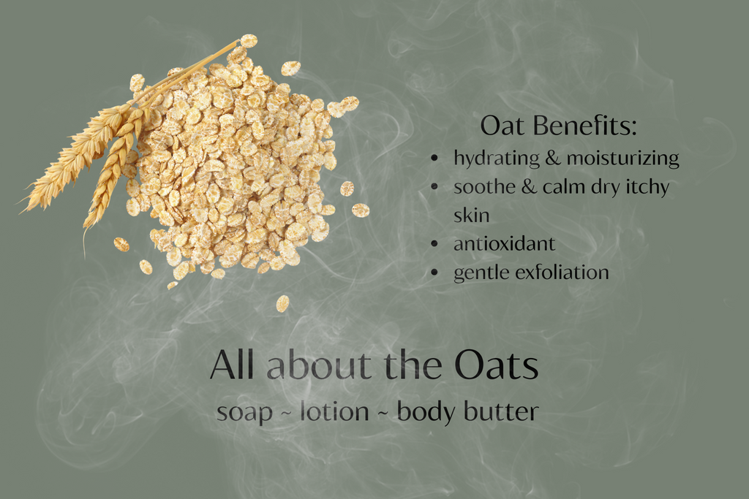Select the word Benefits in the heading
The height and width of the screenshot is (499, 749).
(x=585, y=126)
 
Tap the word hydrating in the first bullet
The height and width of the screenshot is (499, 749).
(x=497, y=158)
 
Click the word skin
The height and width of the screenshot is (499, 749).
(x=472, y=215)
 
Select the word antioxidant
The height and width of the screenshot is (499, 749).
(x=505, y=244)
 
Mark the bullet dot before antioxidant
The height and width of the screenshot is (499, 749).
(x=434, y=244)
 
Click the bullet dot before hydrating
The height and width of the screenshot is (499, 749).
(x=434, y=158)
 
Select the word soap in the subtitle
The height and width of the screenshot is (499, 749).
(x=244, y=413)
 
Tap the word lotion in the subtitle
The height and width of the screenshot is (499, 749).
(x=334, y=411)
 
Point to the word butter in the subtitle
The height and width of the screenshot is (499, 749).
(x=503, y=411)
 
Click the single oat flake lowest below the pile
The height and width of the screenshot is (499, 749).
(x=282, y=303)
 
